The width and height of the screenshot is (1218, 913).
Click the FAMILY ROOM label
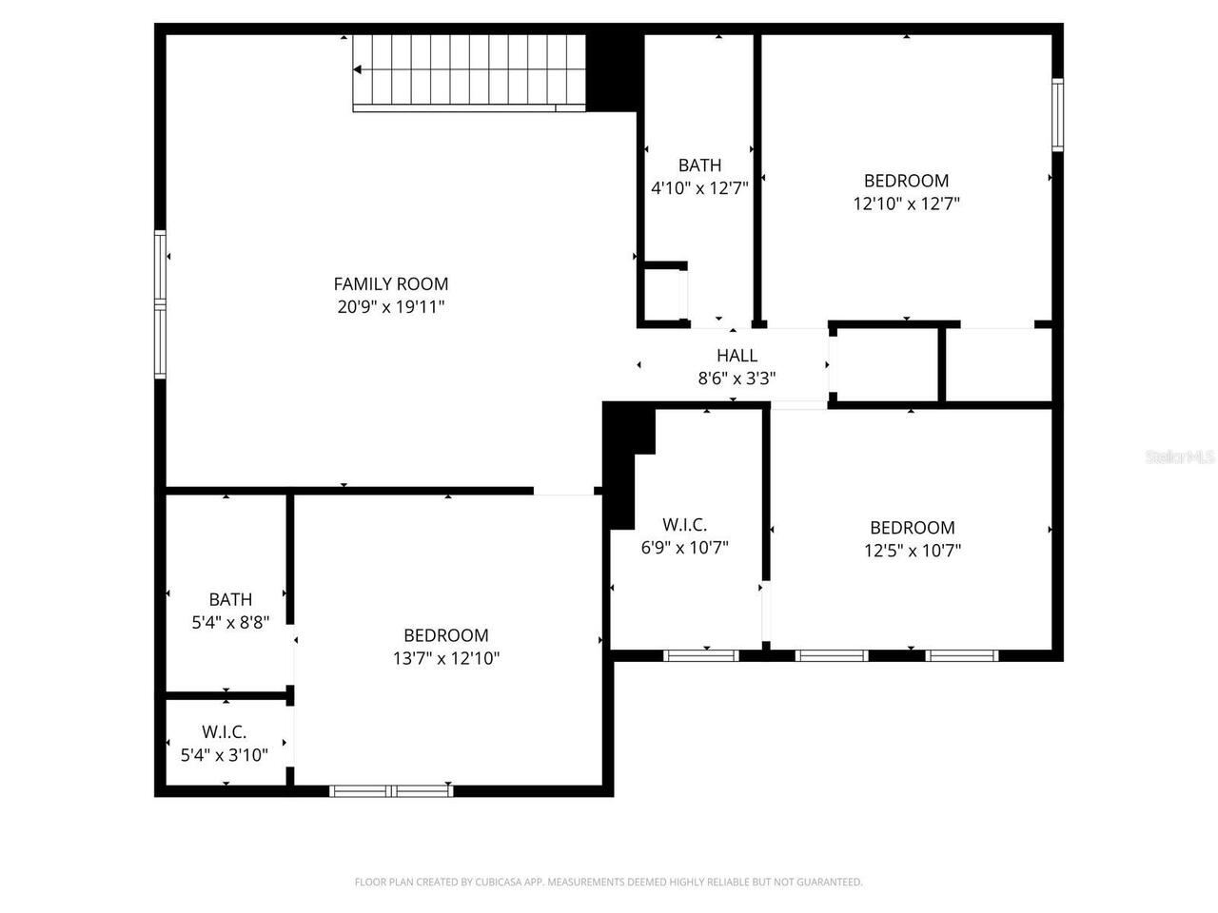(x=390, y=283)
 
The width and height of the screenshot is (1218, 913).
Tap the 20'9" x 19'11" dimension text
(x=390, y=306)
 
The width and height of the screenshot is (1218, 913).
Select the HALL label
(x=737, y=356)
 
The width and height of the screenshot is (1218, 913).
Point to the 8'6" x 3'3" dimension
(x=737, y=378)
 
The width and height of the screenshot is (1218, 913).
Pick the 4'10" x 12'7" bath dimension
(x=699, y=188)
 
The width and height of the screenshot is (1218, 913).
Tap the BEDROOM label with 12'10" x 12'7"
(x=906, y=181)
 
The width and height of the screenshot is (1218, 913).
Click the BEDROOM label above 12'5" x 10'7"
(x=912, y=528)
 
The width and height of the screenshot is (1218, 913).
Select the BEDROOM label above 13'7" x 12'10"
(x=445, y=635)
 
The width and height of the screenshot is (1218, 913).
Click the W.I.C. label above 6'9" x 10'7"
(x=684, y=524)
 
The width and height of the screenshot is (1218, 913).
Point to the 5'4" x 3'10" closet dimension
(x=225, y=755)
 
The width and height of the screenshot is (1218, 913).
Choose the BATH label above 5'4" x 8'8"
(x=230, y=599)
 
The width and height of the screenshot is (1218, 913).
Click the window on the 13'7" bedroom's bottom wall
(x=391, y=790)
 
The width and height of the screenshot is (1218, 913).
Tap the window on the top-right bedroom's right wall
(x=1057, y=114)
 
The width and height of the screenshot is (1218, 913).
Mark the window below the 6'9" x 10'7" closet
(x=700, y=655)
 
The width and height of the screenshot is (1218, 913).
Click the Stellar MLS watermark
(x=1180, y=457)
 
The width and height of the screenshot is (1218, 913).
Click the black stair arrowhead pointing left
(x=358, y=69)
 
